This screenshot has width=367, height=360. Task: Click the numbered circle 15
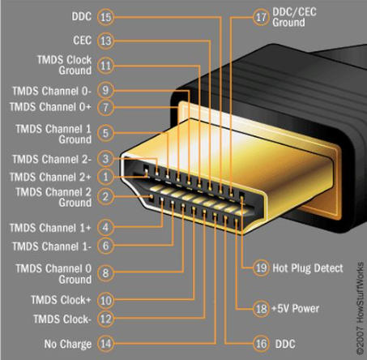pyautogui.click(x=106, y=16)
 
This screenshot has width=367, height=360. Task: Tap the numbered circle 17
pyautogui.click(x=261, y=16)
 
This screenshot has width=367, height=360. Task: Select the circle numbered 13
pyautogui.click(x=106, y=40)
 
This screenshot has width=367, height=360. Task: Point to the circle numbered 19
pyautogui.click(x=260, y=268)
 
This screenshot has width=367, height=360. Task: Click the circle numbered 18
pyautogui.click(x=260, y=309)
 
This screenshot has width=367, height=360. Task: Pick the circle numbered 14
pyautogui.click(x=105, y=344)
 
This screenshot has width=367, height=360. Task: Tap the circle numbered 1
pyautogui.click(x=105, y=175)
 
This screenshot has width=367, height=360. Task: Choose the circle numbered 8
pyautogui.click(x=105, y=274)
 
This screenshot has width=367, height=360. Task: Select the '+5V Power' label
pyautogui.click(x=299, y=309)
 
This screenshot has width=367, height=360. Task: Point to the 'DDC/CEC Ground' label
pyautogui.click(x=300, y=16)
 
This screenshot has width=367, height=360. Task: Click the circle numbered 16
pyautogui.click(x=261, y=344)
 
